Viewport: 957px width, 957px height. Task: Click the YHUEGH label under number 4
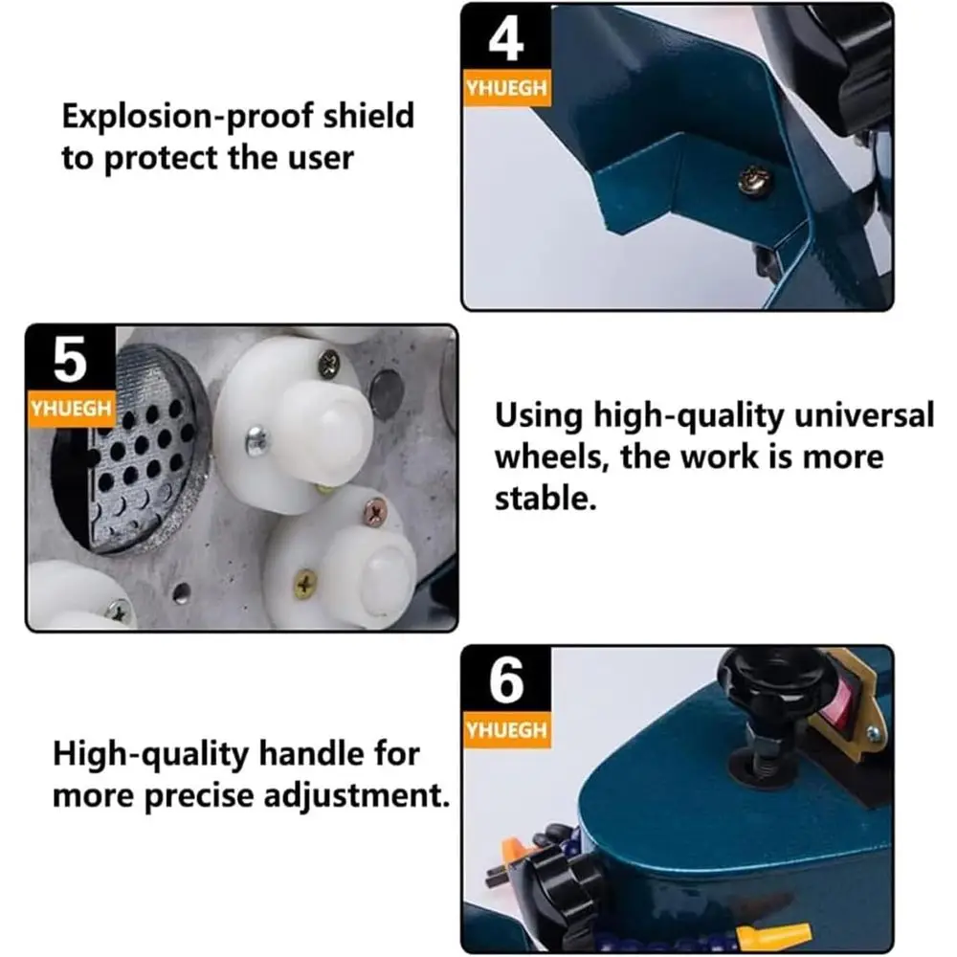click(x=506, y=89)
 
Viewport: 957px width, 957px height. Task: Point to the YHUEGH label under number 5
click(x=72, y=409)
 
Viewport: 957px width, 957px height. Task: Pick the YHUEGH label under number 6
click(x=506, y=730)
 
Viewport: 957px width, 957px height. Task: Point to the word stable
click(x=545, y=498)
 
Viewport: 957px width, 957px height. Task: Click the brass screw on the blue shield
click(x=753, y=176)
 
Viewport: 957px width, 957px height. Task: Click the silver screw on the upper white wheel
click(x=256, y=441)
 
